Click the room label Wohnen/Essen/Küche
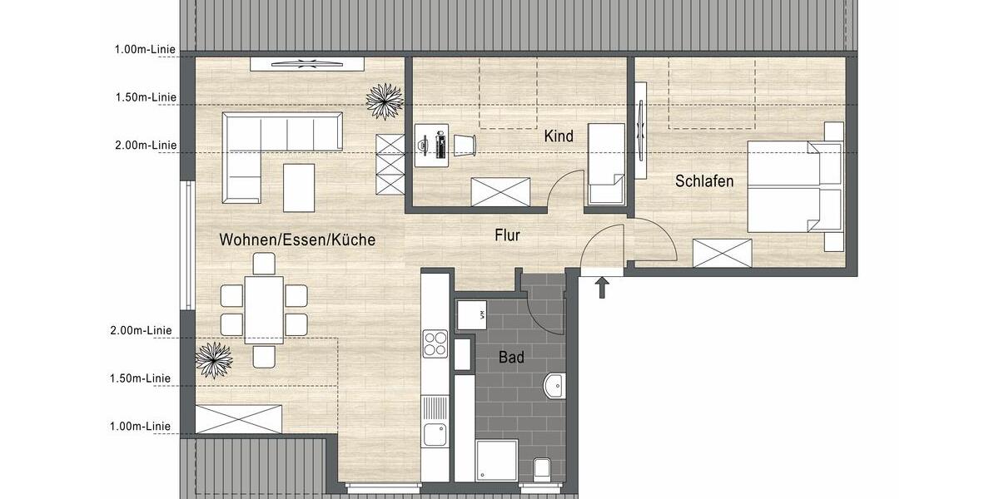[297, 240]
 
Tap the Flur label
[507, 235]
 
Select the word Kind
[559, 136]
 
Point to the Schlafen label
[704, 180]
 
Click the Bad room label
[511, 358]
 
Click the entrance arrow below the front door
[603, 289]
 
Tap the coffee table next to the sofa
[299, 187]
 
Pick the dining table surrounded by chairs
[264, 309]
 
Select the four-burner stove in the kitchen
[435, 343]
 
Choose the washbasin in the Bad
[554, 386]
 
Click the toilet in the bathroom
[542, 469]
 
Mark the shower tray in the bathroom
[496, 461]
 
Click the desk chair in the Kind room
[464, 144]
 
